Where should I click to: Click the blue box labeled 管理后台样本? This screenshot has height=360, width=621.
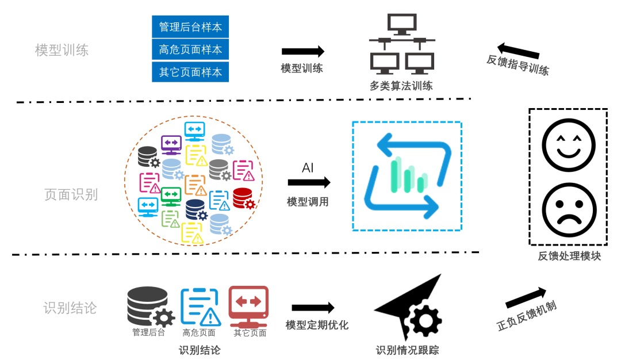coord(190,26)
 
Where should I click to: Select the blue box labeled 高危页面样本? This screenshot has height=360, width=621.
coord(190,49)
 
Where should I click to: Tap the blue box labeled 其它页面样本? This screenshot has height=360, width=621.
coord(190,72)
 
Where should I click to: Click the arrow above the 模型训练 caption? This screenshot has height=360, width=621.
coord(303,51)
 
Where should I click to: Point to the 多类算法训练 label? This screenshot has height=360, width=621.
coord(401,86)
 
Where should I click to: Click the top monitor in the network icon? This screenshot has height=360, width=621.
coord(402,24)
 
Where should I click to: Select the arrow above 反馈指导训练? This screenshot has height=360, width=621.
coord(518,50)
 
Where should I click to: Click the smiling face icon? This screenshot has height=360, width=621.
coord(568,145)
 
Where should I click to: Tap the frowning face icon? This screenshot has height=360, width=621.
coord(569,209)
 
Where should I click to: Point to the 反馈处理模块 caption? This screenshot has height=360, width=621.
coord(569,256)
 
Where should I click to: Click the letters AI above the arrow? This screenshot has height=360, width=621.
coord(308,168)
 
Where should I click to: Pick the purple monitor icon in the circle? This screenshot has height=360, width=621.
coord(171,145)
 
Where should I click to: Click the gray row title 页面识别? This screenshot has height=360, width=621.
coord(71,194)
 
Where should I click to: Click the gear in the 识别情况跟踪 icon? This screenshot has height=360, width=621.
coord(425,320)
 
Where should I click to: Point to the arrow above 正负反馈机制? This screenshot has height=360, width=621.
coord(526,298)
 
